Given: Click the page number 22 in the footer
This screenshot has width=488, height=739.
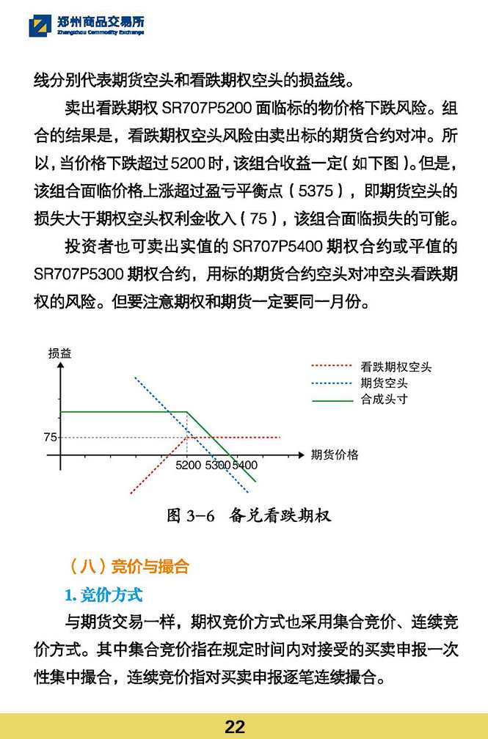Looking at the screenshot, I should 235,727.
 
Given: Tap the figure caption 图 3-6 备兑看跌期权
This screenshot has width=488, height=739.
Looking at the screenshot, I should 250,515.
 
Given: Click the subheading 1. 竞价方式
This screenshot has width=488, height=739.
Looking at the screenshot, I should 103,594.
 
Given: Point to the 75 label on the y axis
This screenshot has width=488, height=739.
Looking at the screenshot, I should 50,437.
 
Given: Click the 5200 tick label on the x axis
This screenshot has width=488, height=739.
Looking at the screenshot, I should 189,465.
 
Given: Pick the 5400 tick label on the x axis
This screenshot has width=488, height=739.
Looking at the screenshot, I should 245,465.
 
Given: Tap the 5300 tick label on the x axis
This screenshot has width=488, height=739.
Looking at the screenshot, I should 217,465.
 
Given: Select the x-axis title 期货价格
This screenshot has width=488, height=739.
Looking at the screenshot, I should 335,455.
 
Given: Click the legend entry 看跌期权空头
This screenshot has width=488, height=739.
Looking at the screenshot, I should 396,367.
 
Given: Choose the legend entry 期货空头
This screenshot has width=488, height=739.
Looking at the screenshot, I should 384,383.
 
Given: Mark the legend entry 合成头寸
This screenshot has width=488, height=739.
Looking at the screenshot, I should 384,399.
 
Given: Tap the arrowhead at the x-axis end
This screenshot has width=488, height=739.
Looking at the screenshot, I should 301,454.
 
